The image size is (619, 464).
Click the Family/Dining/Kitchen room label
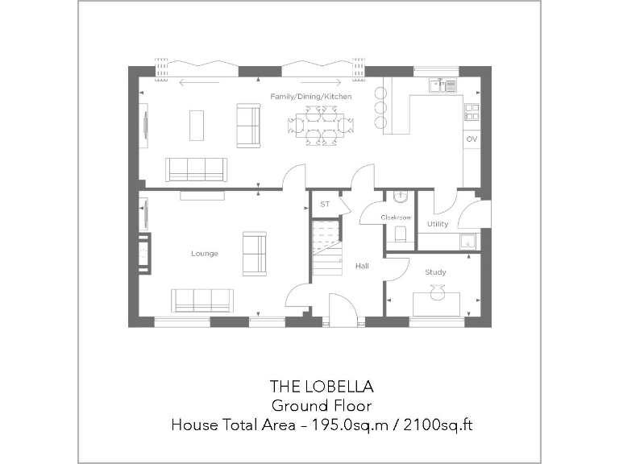pyautogui.click(x=310, y=97)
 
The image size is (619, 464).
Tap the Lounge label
pyautogui.click(x=204, y=254)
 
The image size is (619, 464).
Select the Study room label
pyautogui.click(x=435, y=272)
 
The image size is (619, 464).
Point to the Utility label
pyautogui.click(x=438, y=224)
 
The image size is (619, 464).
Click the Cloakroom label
pyautogui.click(x=397, y=217)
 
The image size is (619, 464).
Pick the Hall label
pyautogui.click(x=362, y=266)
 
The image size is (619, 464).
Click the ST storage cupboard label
pyautogui.click(x=325, y=205)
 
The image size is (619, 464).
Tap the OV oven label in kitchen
pyautogui.click(x=472, y=139)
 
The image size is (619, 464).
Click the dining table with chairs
pyautogui.click(x=321, y=125)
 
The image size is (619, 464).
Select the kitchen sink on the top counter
pyautogui.click(x=442, y=83)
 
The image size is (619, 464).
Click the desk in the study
pyautogui.click(x=437, y=304)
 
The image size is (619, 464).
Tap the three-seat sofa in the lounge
pyautogui.click(x=201, y=300)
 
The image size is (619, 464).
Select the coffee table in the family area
pyautogui.click(x=197, y=125)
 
